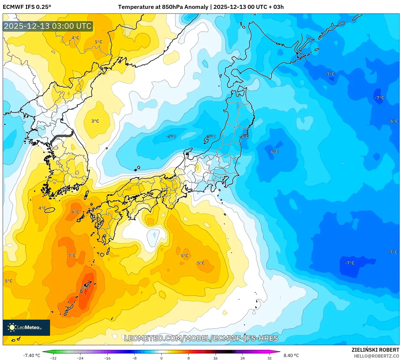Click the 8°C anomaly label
pyautogui.click(x=85, y=288)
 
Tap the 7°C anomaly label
pyautogui.click(x=72, y=256)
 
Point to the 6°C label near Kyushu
pyautogui.click(x=75, y=212)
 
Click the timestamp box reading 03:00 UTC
pyautogui.click(x=48, y=26)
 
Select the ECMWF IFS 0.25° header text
pyautogui.click(x=27, y=7)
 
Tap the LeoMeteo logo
pyautogui.click(x=26, y=327)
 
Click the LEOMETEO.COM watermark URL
pyautogui.click(x=201, y=338)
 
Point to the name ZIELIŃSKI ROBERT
pyautogui.click(x=375, y=350)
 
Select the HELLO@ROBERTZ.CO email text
pyautogui.click(x=376, y=356)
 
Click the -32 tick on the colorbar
pyautogui.click(x=53, y=358)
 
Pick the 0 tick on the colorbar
pyautogui.click(x=161, y=358)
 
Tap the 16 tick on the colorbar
pyautogui.click(x=215, y=358)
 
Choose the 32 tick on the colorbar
pyautogui.click(x=269, y=358)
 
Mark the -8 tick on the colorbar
pyautogui.click(x=135, y=358)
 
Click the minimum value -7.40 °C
pyautogui.click(x=31, y=355)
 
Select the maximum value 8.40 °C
pyautogui.click(x=291, y=355)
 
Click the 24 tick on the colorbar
pyautogui.click(x=242, y=358)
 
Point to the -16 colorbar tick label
pyautogui.click(x=107, y=358)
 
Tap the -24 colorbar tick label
pyautogui.click(x=80, y=358)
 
